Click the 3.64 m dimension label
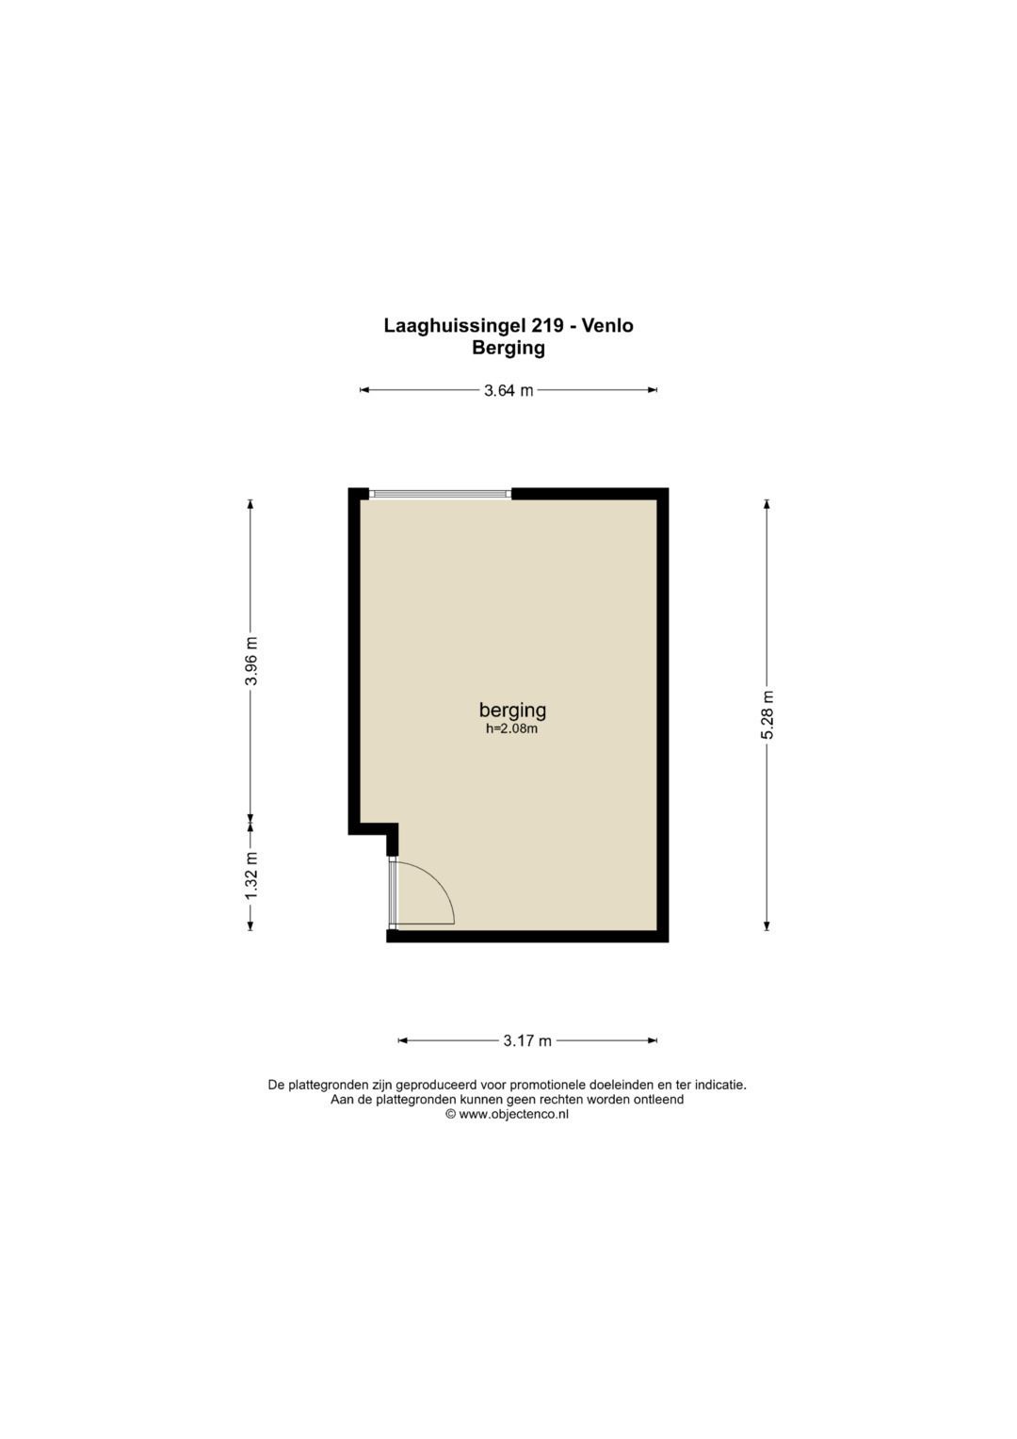(508, 390)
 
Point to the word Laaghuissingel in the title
(455, 326)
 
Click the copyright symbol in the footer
(451, 1115)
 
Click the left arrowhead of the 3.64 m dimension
(364, 390)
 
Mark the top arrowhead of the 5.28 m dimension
(767, 504)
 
